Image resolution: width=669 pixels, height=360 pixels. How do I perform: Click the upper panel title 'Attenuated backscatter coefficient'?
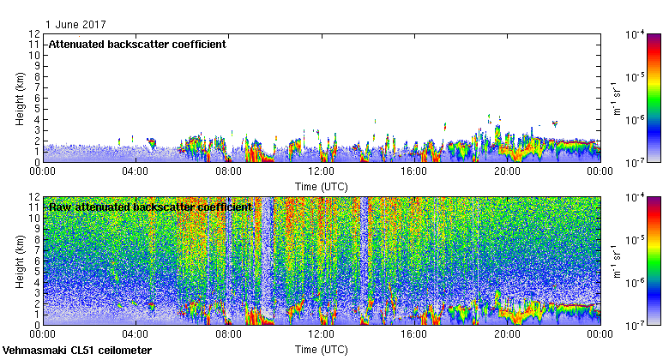pos(137,44)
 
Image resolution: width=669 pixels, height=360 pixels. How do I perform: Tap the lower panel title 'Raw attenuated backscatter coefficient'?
pos(150,207)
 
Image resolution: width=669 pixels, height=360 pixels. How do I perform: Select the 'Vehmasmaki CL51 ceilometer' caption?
pos(77,351)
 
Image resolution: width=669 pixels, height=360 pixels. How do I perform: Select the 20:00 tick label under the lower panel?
pos(506,334)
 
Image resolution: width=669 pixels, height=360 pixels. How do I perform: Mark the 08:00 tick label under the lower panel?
pos(228,334)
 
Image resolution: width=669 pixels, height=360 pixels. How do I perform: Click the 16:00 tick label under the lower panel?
pos(413,334)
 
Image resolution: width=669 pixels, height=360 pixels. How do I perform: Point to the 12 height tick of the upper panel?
pos(34,34)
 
